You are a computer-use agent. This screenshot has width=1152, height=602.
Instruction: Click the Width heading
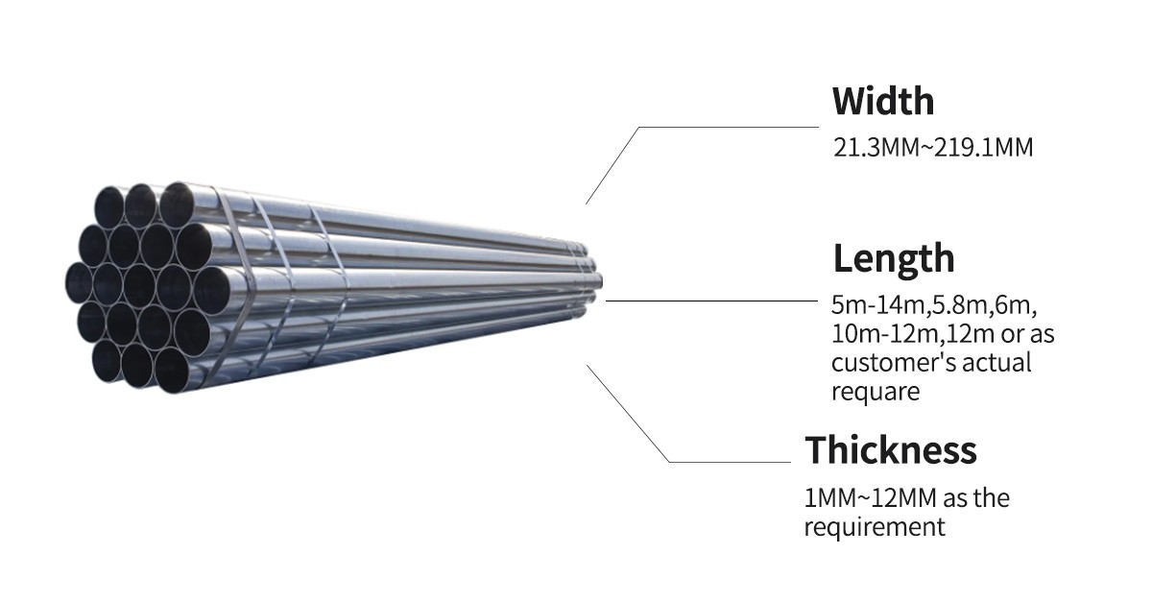click(882, 101)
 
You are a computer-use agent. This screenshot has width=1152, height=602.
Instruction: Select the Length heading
click(893, 259)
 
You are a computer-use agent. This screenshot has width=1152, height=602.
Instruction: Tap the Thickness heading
click(890, 450)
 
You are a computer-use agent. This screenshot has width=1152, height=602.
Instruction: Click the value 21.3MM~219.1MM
click(932, 149)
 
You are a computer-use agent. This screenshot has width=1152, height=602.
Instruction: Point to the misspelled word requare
click(876, 392)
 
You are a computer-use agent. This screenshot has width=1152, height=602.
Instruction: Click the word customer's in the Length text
click(883, 363)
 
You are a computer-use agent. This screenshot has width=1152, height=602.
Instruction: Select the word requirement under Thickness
click(875, 527)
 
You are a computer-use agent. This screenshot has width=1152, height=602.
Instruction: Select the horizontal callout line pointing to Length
click(710, 301)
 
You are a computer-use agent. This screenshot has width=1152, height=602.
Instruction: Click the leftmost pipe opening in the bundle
click(79, 281)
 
